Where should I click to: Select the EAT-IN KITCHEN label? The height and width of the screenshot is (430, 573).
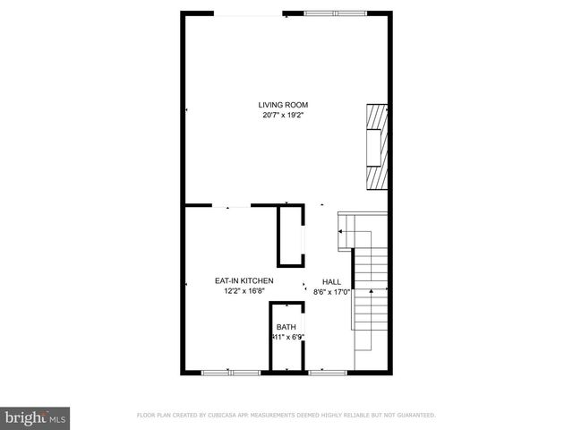click(x=244, y=280)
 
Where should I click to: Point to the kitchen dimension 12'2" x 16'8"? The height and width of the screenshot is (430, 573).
click(x=244, y=290)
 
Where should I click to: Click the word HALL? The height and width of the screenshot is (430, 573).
click(x=331, y=280)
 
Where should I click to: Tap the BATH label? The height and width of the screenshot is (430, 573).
click(x=286, y=327)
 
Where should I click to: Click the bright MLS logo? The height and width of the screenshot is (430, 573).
click(x=36, y=417)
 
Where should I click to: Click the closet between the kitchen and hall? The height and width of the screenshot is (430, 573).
click(x=290, y=236)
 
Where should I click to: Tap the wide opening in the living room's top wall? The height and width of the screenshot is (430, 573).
click(x=249, y=13)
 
